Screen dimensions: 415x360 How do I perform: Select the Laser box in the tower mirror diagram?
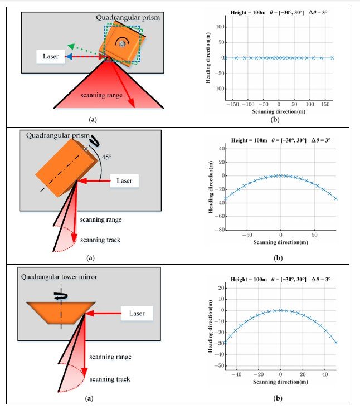[x=136, y=313]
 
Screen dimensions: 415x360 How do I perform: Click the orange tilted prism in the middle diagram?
[x=65, y=165]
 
